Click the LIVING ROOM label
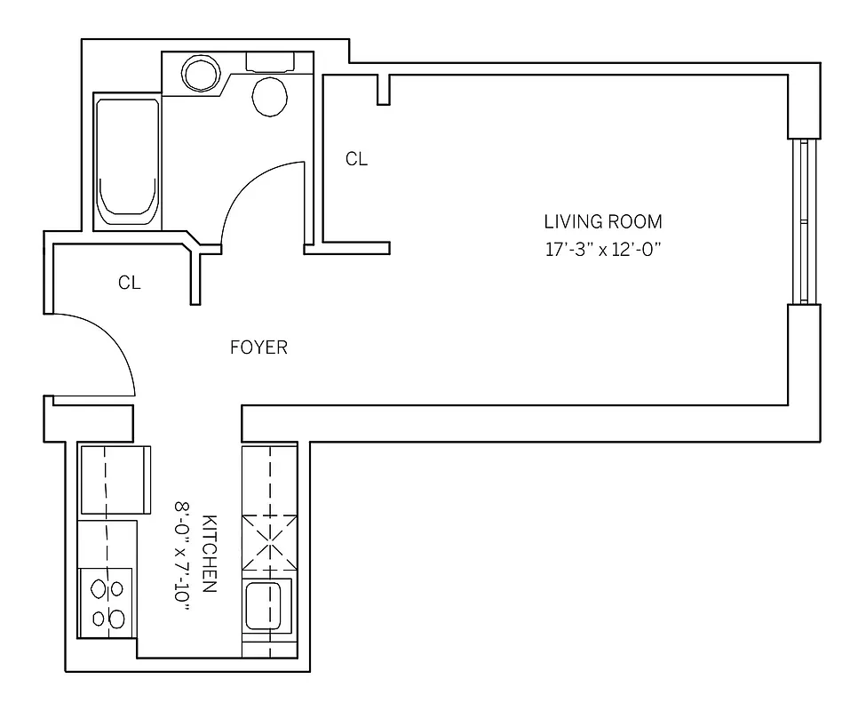(603, 221)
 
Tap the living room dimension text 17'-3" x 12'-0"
(604, 250)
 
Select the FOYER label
(258, 348)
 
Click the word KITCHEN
(211, 553)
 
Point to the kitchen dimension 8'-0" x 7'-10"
(183, 553)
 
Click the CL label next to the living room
(356, 160)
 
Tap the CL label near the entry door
(130, 284)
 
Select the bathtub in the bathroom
(128, 161)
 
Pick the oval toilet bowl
(270, 96)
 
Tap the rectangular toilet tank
(270, 61)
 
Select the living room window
(804, 221)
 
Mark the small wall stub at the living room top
(384, 89)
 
